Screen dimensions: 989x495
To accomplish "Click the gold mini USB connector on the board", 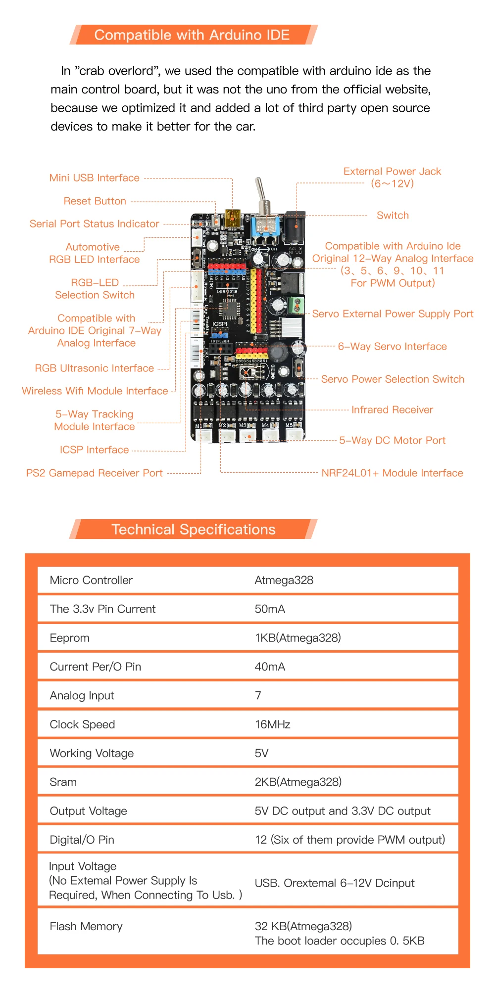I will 233,218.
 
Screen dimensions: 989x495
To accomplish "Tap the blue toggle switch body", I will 265,225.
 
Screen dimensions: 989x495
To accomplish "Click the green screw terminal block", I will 296,305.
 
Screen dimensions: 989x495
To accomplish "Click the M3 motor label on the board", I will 243,425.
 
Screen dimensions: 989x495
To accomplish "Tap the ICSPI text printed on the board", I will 220,324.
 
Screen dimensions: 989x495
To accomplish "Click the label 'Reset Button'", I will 95,201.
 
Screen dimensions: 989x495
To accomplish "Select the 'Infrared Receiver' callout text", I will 392,410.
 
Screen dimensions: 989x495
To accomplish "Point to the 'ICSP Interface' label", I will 94,450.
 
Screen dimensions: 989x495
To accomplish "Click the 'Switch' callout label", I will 393,216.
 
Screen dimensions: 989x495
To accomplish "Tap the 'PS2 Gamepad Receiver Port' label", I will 94,473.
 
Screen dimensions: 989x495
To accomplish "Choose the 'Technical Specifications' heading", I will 193,530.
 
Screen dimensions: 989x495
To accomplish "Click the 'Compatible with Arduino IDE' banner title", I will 192,35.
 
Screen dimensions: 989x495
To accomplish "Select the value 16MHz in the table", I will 272,724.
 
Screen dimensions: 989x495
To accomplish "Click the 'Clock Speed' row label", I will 82,724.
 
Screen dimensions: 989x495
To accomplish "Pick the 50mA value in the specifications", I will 270,609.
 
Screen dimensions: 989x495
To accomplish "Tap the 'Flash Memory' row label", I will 86,927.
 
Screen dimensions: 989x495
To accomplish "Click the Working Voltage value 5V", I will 261,753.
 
